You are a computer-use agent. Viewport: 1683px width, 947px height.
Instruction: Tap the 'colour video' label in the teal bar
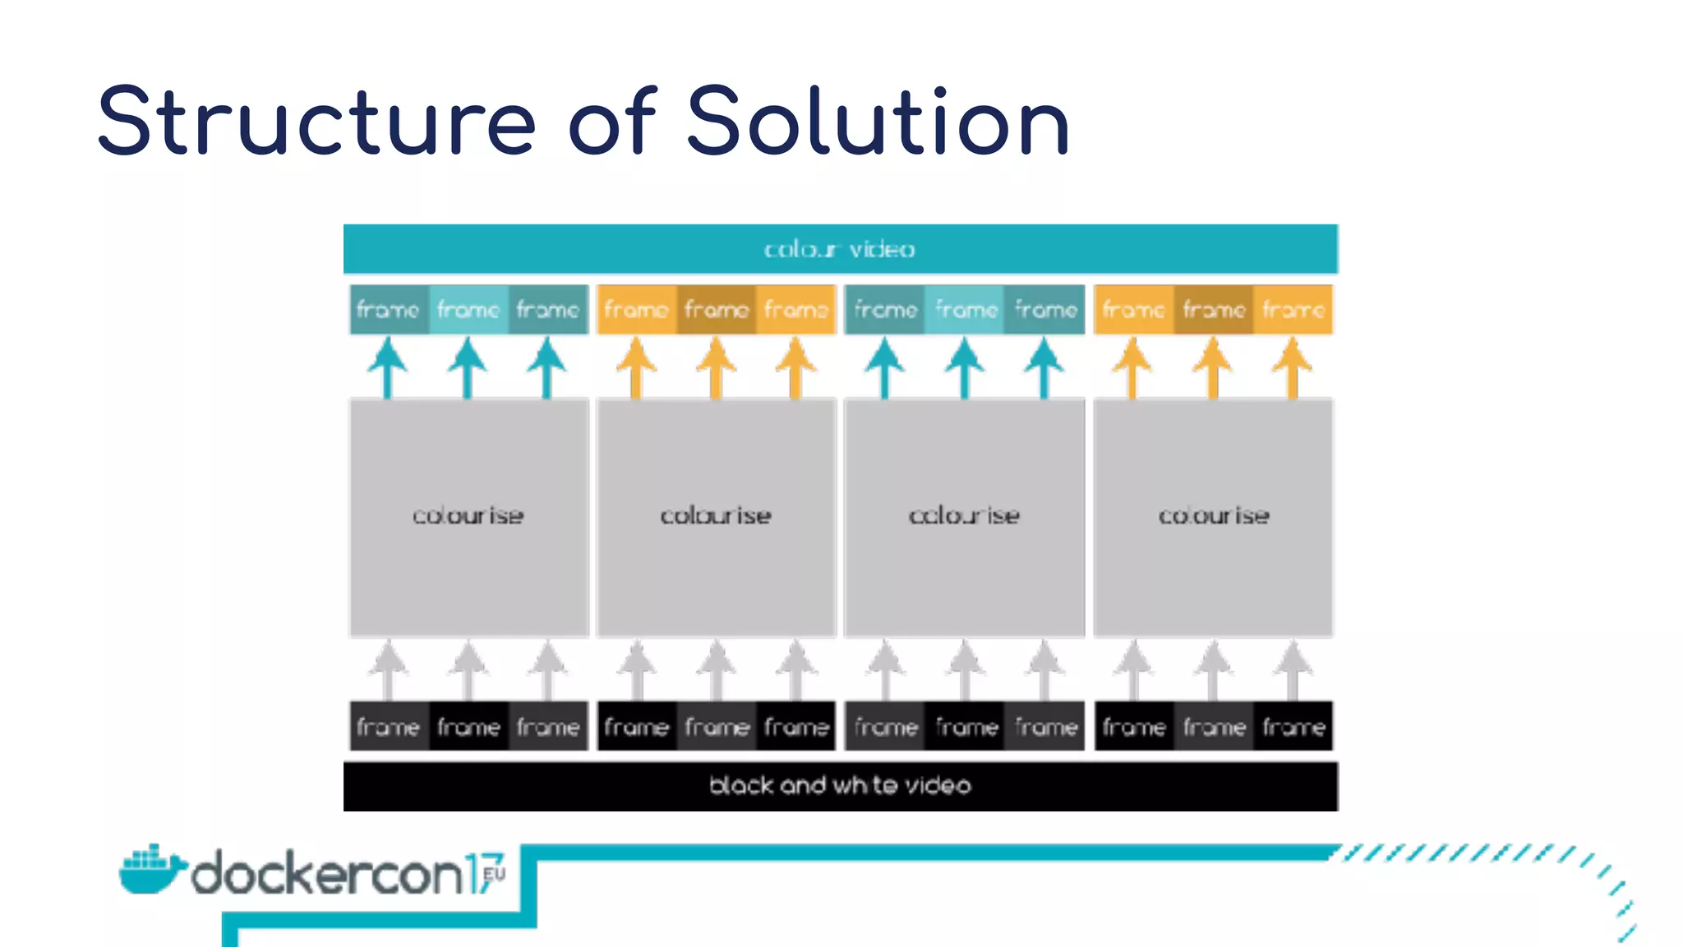pos(840,249)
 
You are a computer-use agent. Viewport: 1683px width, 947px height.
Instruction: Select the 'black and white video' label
pos(840,786)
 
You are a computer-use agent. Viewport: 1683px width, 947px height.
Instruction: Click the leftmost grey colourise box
pos(468,517)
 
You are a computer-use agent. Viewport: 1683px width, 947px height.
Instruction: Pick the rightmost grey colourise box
pos(1213,517)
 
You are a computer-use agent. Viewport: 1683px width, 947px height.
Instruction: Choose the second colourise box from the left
pos(716,517)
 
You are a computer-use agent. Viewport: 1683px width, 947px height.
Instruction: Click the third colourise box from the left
pos(964,517)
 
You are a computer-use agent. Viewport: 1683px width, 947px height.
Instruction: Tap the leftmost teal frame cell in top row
pos(389,310)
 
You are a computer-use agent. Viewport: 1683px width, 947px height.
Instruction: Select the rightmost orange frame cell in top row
pos(1293,310)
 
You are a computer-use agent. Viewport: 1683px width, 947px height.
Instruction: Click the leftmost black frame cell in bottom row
pos(389,727)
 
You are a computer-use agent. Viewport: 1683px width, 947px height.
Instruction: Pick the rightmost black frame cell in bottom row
pos(1293,727)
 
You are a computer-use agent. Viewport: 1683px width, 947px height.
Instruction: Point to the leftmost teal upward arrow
pos(388,367)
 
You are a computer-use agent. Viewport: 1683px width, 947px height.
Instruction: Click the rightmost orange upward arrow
pos(1293,367)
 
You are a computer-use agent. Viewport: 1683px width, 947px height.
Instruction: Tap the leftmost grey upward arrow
pos(388,670)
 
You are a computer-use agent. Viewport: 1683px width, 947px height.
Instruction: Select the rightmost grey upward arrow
pos(1293,670)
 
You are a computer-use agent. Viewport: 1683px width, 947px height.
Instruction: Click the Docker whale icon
pos(150,869)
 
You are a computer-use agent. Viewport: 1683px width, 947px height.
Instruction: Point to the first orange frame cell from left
pos(636,310)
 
